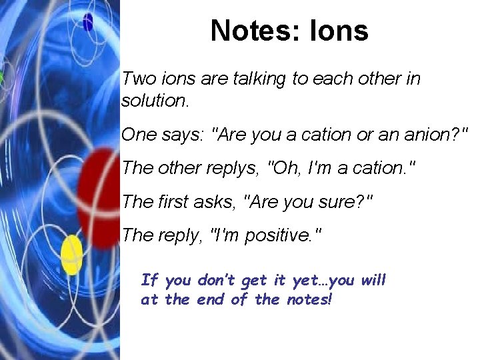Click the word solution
(x=155, y=101)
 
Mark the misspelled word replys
(x=230, y=168)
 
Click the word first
(x=177, y=201)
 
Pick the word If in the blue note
(x=149, y=280)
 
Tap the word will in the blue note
(x=373, y=280)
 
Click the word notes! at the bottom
(x=307, y=299)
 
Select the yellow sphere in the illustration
(x=72, y=255)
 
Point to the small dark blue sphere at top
(x=88, y=23)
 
